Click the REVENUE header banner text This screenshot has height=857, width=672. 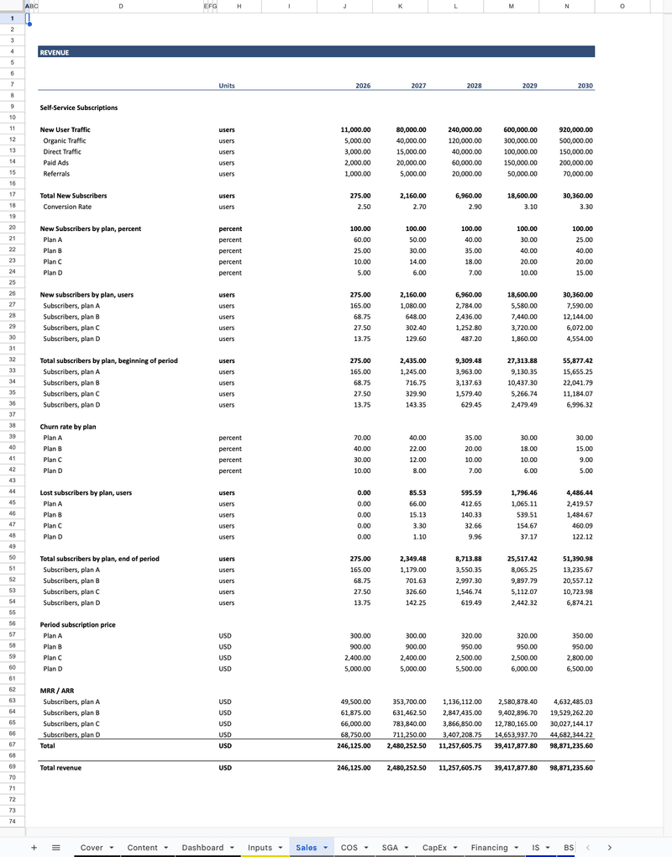(55, 52)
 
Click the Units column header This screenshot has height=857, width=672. (227, 86)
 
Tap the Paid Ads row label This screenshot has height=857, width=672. (56, 163)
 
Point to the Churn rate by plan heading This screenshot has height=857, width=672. (68, 427)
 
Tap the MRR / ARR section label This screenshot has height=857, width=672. (56, 691)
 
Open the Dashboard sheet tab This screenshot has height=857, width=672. (203, 848)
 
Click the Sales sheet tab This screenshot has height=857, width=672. (307, 848)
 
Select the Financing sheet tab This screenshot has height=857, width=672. (490, 848)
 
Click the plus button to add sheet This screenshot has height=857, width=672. (34, 848)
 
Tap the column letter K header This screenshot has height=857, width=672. (400, 6)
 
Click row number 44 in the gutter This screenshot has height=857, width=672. (13, 492)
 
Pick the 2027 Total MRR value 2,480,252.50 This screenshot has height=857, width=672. (407, 745)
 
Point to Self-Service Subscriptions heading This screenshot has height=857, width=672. (79, 108)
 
